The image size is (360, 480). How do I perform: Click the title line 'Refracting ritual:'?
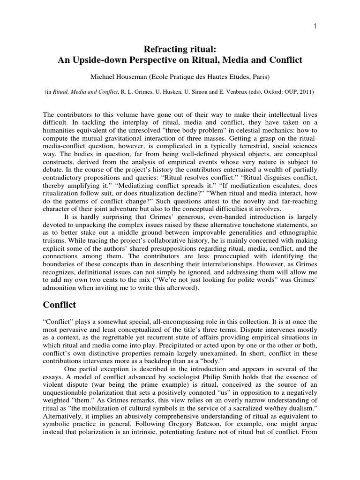pyautogui.click(x=180, y=49)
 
